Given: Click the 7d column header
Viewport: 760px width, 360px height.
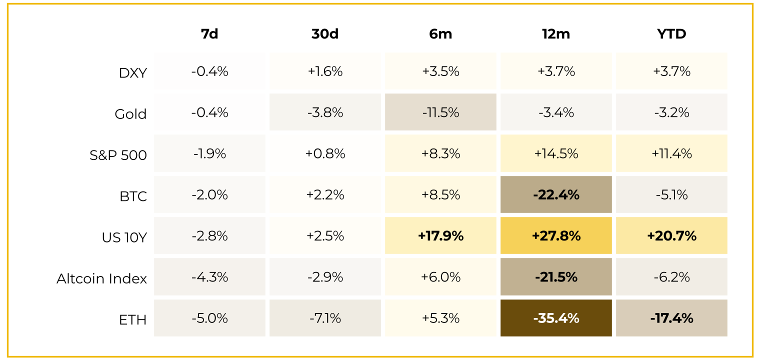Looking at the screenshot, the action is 209,34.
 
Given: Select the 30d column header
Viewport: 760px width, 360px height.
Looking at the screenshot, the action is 325,34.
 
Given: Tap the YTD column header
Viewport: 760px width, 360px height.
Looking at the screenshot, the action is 671,34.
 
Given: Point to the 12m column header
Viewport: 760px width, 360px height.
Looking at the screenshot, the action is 556,34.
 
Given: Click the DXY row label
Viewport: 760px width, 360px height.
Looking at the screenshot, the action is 132,73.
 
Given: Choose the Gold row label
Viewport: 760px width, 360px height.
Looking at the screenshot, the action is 130,114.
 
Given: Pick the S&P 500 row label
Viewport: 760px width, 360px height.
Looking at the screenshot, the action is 118,155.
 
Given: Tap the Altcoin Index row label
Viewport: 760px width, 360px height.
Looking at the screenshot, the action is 101,278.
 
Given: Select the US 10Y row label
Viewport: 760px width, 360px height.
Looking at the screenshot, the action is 124,237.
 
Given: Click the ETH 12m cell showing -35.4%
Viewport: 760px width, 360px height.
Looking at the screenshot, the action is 556,318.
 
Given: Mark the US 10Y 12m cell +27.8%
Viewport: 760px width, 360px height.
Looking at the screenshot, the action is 556,235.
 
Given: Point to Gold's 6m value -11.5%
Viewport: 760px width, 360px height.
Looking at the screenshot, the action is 440,112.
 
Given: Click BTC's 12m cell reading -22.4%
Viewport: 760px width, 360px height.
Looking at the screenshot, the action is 556,194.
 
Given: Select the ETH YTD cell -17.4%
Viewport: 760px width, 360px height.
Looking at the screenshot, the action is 671,318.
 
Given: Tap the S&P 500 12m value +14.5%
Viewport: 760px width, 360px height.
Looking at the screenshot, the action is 556,153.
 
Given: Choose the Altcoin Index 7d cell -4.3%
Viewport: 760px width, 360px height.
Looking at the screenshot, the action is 209,277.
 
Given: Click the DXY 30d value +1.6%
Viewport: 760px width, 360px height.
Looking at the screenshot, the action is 325,71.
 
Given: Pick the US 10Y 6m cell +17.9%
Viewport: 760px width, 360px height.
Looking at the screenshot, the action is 440,235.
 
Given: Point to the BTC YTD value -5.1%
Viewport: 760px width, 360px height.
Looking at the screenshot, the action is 671,194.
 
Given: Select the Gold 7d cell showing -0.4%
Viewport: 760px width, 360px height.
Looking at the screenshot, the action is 209,112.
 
